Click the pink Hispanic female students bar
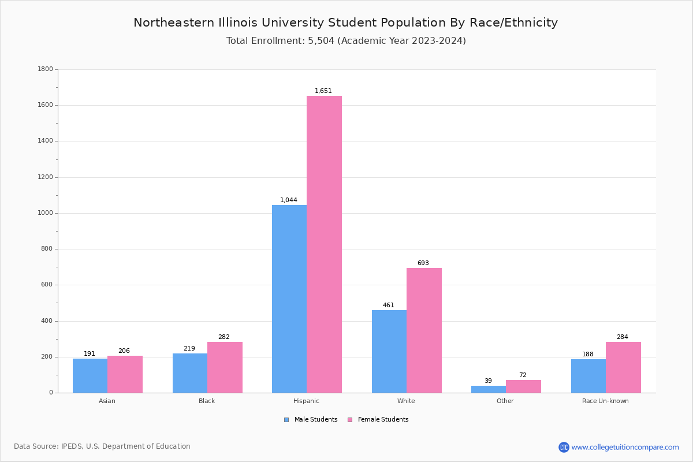click(x=324, y=244)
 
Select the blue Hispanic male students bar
click(x=289, y=299)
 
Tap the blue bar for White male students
click(x=389, y=351)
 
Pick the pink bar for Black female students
click(x=225, y=367)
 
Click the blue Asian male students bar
click(x=90, y=375)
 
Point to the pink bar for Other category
click(x=523, y=386)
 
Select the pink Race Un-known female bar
click(x=623, y=367)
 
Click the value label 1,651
click(x=323, y=91)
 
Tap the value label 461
click(x=388, y=305)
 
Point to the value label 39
click(x=488, y=381)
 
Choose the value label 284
click(x=622, y=337)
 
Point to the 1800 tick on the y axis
click(x=45, y=69)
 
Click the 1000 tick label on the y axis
click(x=45, y=213)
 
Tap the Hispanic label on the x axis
click(x=306, y=401)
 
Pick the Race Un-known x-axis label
click(x=605, y=401)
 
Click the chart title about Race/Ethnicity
click(x=345, y=23)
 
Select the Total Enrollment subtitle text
click(x=346, y=41)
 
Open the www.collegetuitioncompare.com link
click(x=625, y=447)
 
